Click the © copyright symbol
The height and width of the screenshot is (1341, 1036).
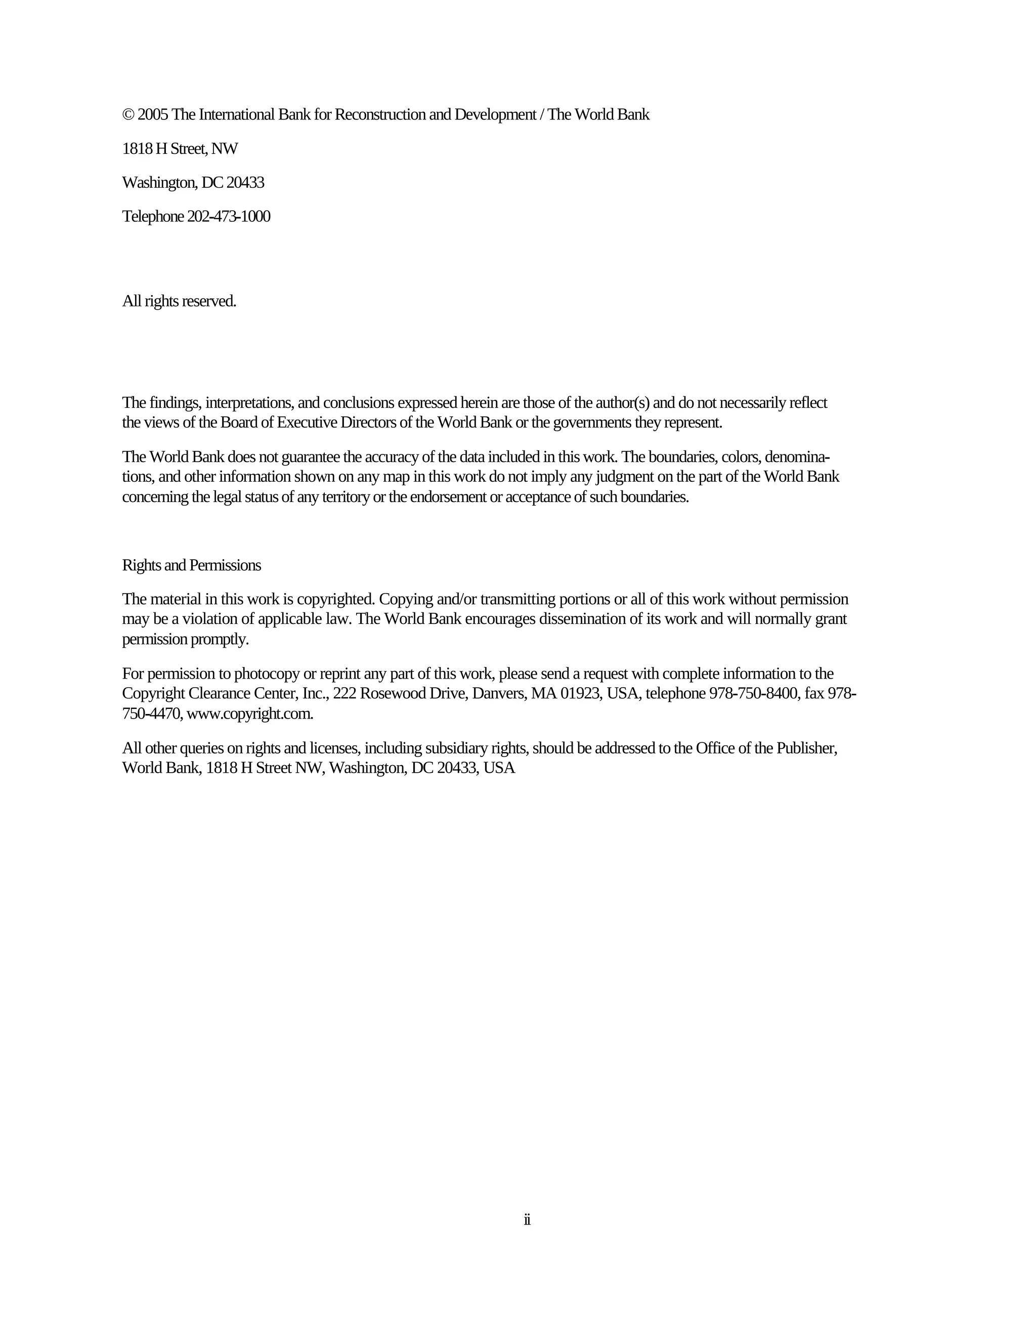tap(127, 115)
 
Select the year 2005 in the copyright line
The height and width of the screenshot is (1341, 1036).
tap(153, 115)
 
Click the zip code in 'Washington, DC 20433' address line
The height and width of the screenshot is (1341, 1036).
tap(245, 183)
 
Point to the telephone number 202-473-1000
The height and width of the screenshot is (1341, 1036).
tap(228, 217)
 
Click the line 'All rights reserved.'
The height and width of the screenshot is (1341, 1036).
tap(179, 302)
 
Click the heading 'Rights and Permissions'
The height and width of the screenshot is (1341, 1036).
tap(192, 566)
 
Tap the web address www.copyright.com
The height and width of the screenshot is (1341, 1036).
tap(250, 714)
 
